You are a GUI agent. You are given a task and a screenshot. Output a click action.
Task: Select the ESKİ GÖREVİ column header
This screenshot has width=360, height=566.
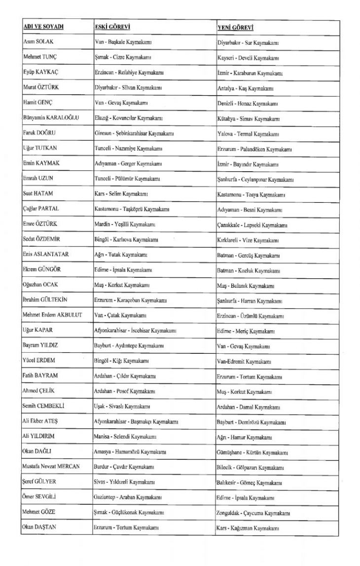[112, 26]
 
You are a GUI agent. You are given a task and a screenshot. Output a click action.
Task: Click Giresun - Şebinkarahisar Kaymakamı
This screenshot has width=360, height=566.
[133, 133]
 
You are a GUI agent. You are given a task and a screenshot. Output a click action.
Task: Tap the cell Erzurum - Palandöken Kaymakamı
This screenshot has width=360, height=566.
[254, 149]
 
